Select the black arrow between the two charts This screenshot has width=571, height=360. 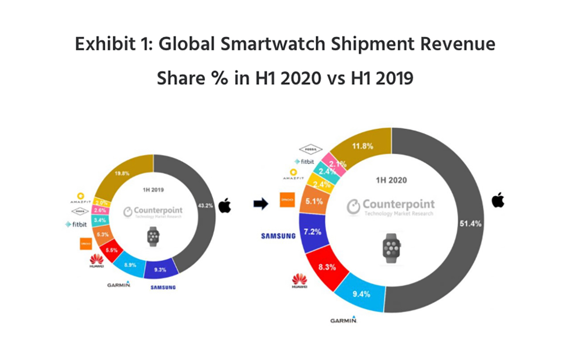click(260, 204)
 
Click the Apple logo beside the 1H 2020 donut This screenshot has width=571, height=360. click(498, 200)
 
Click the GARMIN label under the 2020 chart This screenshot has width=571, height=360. click(343, 320)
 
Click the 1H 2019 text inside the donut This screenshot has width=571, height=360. click(153, 190)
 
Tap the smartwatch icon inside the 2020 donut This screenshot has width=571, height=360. click(391, 246)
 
